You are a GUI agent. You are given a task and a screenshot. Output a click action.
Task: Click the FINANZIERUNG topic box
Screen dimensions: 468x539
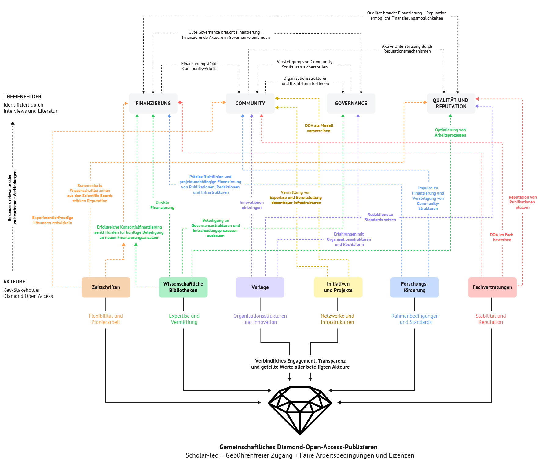point(153,104)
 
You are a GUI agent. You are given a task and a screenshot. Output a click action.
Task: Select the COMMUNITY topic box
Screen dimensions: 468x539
point(250,104)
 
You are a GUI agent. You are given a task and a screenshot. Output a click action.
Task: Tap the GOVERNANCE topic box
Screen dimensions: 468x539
point(351,104)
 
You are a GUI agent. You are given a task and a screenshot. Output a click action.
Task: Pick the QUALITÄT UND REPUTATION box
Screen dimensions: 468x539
point(451,104)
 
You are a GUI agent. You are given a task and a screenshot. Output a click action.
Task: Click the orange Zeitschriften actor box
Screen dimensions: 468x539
point(106,287)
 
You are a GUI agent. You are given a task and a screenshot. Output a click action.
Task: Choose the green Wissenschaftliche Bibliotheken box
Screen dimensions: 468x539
point(183,287)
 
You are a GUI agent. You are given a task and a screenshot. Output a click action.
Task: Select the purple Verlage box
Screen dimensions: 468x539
point(260,287)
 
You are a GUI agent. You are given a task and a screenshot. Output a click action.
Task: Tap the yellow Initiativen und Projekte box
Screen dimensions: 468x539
point(338,287)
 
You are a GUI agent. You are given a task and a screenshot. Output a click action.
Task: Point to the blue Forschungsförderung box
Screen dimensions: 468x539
point(415,287)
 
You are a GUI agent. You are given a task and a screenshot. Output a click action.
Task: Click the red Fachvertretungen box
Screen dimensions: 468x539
point(492,287)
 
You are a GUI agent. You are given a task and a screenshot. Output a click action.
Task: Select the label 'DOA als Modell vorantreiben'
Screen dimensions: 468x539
point(319,128)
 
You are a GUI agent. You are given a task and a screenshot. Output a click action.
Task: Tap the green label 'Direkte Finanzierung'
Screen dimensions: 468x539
point(162,205)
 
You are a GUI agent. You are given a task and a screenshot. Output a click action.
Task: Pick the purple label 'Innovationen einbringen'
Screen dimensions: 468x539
point(252,205)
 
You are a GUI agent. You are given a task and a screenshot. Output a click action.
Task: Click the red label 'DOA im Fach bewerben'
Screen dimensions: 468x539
point(502,237)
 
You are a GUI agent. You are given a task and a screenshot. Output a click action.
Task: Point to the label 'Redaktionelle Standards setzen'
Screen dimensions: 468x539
point(380,217)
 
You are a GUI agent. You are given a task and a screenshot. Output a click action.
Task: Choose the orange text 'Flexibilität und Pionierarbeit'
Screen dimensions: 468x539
point(106,319)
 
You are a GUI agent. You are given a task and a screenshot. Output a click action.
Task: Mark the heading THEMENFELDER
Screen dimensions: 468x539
point(22,97)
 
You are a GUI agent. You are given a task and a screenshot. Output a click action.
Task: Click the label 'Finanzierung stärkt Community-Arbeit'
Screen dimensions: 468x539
point(199,66)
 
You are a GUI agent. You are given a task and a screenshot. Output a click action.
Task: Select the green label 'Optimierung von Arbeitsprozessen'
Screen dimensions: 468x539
point(450,133)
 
